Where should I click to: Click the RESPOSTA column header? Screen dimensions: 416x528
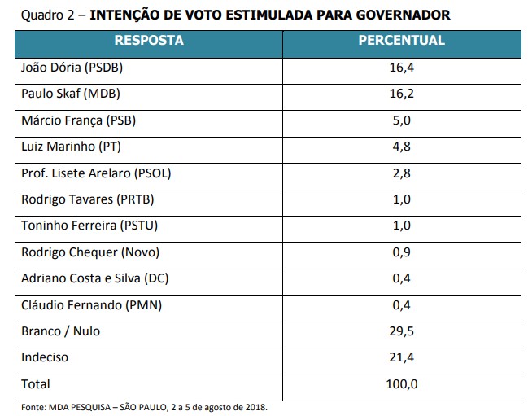pos(149,41)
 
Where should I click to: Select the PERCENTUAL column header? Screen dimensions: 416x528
pos(401,41)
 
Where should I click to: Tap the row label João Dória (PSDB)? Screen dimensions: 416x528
pos(71,67)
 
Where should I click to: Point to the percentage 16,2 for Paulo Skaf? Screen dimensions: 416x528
pos(402,94)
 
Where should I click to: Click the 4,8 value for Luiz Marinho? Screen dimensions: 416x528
pos(402,147)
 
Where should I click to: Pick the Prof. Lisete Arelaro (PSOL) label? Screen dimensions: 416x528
pos(95,173)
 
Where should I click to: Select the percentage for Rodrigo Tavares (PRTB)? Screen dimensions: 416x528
pos(402,199)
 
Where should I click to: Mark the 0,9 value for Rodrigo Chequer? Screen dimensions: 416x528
pos(402,252)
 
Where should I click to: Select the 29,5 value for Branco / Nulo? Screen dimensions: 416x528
pos(402,331)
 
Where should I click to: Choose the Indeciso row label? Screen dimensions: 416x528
pos(44,357)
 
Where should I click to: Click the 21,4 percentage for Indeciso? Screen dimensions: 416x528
pos(402,357)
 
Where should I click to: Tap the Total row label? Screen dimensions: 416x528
pos(35,383)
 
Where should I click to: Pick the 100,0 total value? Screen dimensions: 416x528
pos(402,383)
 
